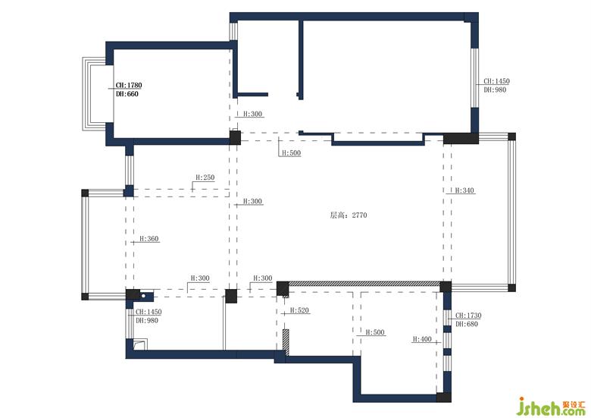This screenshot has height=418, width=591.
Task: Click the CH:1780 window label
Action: (x=129, y=85)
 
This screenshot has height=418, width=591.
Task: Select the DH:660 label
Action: (x=127, y=94)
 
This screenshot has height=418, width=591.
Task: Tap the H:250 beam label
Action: (x=205, y=178)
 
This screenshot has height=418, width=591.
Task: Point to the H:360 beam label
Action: (x=149, y=239)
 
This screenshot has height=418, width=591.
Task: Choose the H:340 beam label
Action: (x=464, y=190)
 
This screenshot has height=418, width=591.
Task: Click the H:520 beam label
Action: (x=299, y=310)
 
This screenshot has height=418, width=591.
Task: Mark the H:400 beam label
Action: (x=422, y=339)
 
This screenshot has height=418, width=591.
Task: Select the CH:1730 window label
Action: (x=468, y=316)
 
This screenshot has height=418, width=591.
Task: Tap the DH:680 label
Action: (x=467, y=324)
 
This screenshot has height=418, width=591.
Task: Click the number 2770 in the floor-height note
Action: (x=359, y=215)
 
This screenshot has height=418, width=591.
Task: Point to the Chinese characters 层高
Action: (x=337, y=215)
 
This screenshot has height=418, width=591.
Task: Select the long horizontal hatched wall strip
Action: (x=364, y=283)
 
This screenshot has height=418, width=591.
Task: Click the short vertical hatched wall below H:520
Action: (x=286, y=342)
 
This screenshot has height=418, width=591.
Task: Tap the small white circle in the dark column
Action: (x=144, y=296)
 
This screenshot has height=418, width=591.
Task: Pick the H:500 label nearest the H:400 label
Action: (x=375, y=332)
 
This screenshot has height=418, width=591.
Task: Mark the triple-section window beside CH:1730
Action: (x=447, y=341)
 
